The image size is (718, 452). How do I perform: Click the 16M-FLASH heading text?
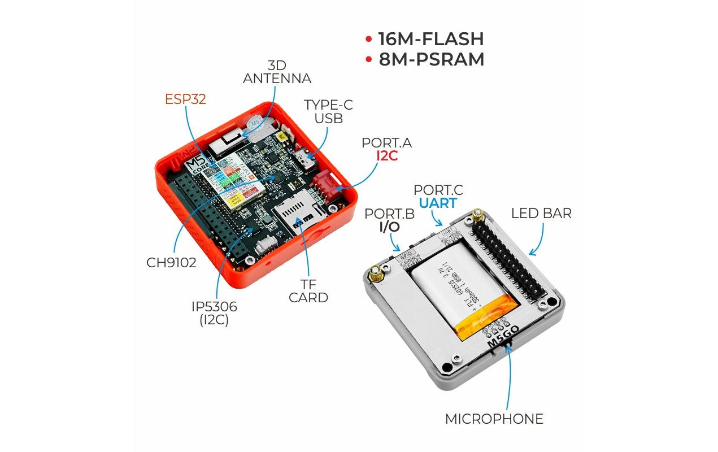pyautogui.click(x=431, y=39)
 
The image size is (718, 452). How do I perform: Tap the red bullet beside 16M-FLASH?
pyautogui.click(x=368, y=40)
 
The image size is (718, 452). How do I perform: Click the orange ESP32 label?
pyautogui.click(x=185, y=99)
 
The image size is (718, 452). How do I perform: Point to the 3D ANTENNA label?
pyautogui.click(x=277, y=72)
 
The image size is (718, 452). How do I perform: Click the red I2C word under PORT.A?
pyautogui.click(x=387, y=156)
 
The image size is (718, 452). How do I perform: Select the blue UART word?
pyautogui.click(x=438, y=203)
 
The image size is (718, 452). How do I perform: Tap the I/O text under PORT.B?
pyautogui.click(x=389, y=227)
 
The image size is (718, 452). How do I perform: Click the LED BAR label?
pyautogui.click(x=541, y=214)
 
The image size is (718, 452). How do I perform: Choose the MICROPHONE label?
pyautogui.click(x=494, y=419)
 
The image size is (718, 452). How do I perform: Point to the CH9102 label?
pyautogui.click(x=171, y=263)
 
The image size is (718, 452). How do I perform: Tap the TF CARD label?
pyautogui.click(x=308, y=290)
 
